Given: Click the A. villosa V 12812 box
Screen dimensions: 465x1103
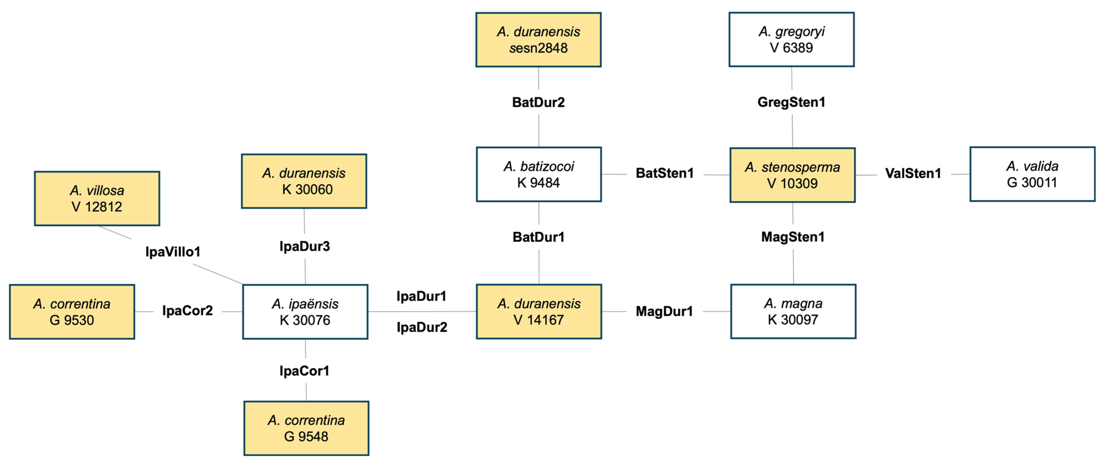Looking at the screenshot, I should [x=97, y=198].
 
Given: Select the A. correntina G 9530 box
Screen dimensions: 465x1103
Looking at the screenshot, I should [x=72, y=312].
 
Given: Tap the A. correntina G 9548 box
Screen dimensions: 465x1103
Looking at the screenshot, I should [x=306, y=428].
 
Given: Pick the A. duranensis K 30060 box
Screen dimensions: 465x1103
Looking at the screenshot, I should [x=304, y=181].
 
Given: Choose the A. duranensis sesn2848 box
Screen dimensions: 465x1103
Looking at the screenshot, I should [x=538, y=39].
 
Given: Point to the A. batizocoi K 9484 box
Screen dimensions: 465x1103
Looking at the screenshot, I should [x=539, y=174].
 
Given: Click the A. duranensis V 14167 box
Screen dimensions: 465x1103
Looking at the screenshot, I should [x=539, y=312].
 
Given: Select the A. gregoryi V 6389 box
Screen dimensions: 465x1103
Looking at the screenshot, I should [x=791, y=39].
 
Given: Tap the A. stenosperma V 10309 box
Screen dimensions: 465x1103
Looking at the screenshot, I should [x=792, y=175].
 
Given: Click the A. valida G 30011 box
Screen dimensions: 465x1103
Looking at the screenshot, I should [x=1032, y=174].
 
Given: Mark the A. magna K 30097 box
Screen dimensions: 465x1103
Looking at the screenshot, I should [x=793, y=312].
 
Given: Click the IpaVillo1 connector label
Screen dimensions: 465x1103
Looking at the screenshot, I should [x=173, y=251].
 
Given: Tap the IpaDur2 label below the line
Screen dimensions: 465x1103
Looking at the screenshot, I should [x=422, y=327].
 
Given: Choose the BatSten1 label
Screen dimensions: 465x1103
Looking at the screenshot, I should [x=664, y=173].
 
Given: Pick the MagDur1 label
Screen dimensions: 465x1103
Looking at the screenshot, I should [x=664, y=311].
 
